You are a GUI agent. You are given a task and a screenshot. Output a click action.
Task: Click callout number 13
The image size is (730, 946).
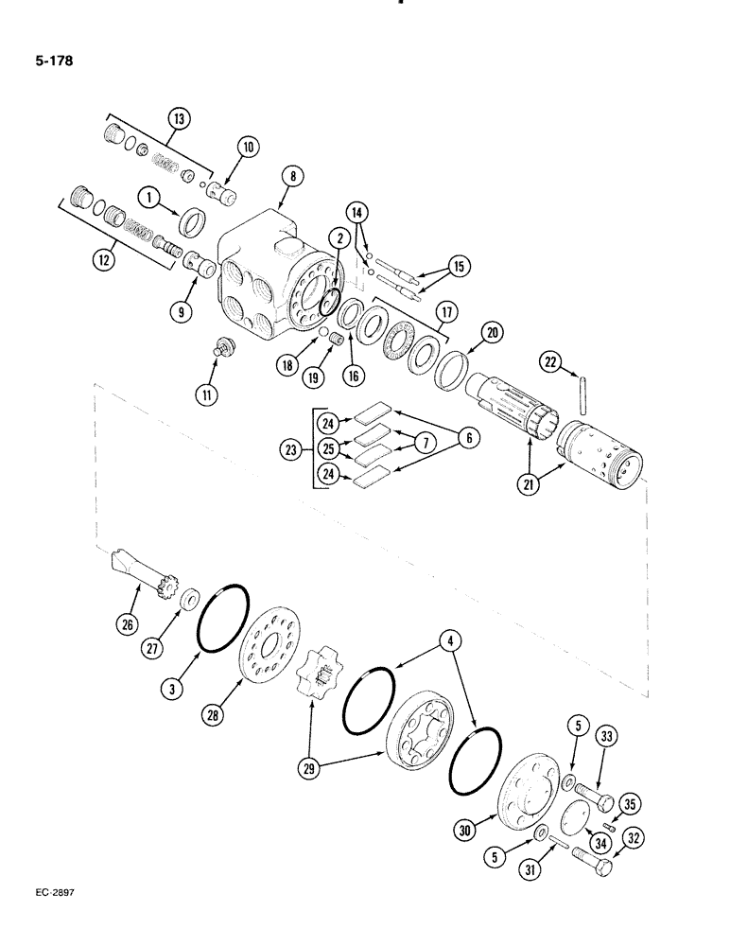178,119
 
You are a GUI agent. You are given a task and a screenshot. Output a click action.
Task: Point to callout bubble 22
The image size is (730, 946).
551,360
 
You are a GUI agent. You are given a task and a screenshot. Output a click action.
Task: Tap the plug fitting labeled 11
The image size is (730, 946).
225,345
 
